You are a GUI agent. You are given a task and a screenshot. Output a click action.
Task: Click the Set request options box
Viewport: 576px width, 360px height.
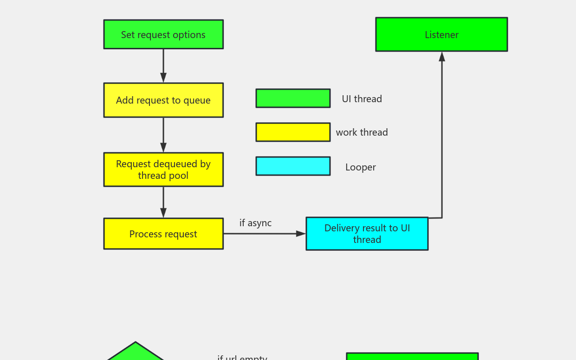point(163,34)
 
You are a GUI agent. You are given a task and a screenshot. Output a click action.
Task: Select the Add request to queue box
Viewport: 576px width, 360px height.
point(163,100)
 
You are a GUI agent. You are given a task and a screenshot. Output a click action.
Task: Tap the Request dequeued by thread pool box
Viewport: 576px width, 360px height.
point(163,170)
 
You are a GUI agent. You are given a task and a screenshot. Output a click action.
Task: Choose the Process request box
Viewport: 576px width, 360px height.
point(163,234)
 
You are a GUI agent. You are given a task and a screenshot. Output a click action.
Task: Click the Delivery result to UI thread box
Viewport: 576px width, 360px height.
point(367,234)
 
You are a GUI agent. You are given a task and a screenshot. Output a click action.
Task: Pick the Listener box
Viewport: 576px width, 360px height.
point(441,34)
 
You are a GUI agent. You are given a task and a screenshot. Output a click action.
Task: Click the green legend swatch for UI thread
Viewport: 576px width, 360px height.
point(293,98)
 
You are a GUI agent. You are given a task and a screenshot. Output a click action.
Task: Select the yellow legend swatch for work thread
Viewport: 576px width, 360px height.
point(293,132)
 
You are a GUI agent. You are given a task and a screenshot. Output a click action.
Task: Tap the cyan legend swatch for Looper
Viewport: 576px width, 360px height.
point(293,166)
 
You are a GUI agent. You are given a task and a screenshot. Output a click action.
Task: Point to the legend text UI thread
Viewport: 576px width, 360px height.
point(362,99)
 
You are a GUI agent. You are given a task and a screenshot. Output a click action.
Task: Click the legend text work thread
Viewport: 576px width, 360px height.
point(362,132)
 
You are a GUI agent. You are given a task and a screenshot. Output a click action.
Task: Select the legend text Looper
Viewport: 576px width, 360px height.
point(360,167)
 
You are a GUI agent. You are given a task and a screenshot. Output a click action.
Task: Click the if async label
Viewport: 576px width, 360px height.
point(255,223)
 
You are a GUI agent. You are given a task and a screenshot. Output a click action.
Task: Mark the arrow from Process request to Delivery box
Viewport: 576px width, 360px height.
point(262,234)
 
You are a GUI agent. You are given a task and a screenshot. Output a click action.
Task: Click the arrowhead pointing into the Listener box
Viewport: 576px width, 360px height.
point(442,57)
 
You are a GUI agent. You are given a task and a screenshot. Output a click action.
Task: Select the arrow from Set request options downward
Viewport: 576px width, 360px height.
point(163,65)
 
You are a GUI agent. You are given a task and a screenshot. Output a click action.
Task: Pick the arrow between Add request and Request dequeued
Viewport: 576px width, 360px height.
point(163,134)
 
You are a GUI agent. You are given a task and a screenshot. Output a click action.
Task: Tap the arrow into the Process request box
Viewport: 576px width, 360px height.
point(163,202)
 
